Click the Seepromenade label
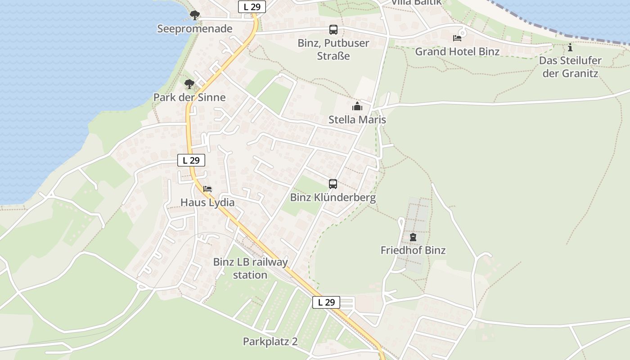point(194,29)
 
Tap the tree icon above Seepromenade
point(194,16)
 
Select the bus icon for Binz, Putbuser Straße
point(333,30)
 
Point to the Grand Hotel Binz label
point(457,51)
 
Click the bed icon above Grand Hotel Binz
point(457,38)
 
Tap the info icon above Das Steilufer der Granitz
point(570,47)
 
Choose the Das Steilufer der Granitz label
point(570,67)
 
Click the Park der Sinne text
point(189,97)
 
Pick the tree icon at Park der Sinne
point(189,84)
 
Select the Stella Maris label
point(357,120)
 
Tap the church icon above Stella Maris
point(357,107)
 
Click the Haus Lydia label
point(207,202)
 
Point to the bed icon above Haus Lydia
point(207,189)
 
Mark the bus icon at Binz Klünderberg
point(333,184)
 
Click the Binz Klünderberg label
point(333,198)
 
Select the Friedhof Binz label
point(413,250)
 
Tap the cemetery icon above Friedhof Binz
point(413,237)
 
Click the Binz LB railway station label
point(250,268)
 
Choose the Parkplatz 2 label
point(270,342)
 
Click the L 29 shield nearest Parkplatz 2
point(326,302)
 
